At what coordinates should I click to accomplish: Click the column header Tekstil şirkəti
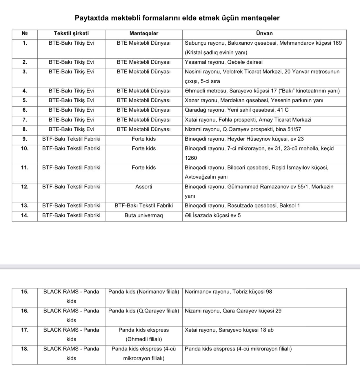pyautogui.click(x=71, y=34)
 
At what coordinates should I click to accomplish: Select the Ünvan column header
pyautogui.click(x=264, y=34)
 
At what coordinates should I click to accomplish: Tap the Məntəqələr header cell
pyautogui.click(x=144, y=34)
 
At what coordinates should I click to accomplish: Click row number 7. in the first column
pyautogui.click(x=25, y=120)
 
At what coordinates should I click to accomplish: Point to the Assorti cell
pyautogui.click(x=144, y=187)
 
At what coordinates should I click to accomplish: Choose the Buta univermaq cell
pyautogui.click(x=144, y=215)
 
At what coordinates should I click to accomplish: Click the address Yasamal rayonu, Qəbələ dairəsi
pyautogui.click(x=223, y=62)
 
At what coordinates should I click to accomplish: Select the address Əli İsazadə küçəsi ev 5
pyautogui.click(x=213, y=215)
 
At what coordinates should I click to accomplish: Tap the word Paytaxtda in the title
pyautogui.click(x=92, y=18)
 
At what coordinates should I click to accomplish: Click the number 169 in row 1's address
pyautogui.click(x=337, y=43)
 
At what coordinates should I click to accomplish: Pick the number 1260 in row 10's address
pyautogui.click(x=191, y=158)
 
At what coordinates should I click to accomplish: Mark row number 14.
pyautogui.click(x=25, y=215)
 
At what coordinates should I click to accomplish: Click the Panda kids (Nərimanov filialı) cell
pyautogui.click(x=144, y=292)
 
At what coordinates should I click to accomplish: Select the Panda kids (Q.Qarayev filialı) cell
pyautogui.click(x=144, y=311)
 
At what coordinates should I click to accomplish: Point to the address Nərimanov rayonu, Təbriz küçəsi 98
pyautogui.click(x=228, y=292)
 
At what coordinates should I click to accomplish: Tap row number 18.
pyautogui.click(x=25, y=349)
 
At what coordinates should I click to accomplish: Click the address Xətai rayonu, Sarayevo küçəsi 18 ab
pyautogui.click(x=229, y=330)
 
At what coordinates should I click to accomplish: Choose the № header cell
pyautogui.click(x=25, y=34)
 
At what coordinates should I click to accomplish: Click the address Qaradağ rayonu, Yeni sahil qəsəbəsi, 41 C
pyautogui.click(x=237, y=110)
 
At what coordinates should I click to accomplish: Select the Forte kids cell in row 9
pyautogui.click(x=144, y=139)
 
